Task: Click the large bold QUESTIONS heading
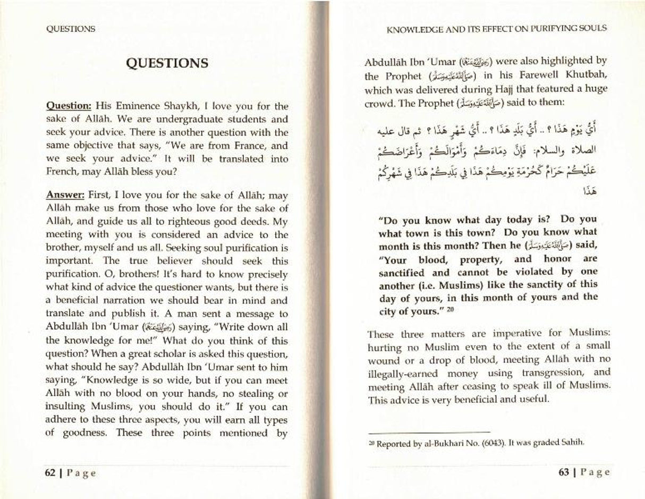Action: coord(167,63)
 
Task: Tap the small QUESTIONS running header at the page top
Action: coord(71,29)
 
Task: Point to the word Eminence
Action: coord(132,106)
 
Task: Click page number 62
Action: coord(51,473)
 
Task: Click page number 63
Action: coord(564,472)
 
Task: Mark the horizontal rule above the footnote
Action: coord(429,432)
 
